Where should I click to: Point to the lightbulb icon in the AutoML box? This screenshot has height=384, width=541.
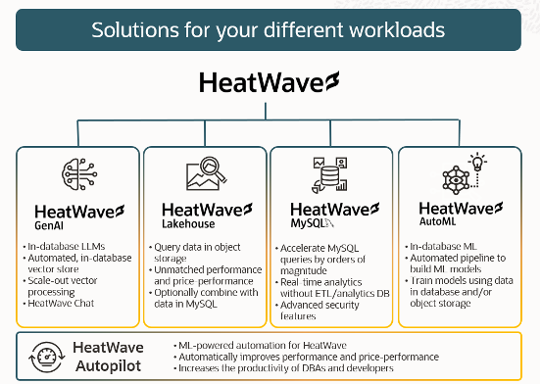(478, 163)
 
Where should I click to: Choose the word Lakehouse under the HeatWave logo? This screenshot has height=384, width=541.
(185, 224)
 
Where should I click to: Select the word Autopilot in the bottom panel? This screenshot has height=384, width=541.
(108, 364)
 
